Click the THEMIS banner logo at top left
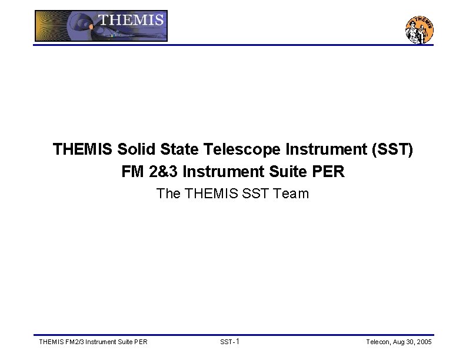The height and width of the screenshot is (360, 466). pos(101,26)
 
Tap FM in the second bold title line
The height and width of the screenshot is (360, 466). pos(132,172)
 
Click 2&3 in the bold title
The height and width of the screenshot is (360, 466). pos(163,172)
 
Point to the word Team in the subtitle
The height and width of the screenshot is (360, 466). pos(292,194)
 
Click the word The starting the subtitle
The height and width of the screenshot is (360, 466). pos(169,194)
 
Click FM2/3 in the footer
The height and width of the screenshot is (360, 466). pos(72,342)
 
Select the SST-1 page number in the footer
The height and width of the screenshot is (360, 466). pos(229,342)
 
